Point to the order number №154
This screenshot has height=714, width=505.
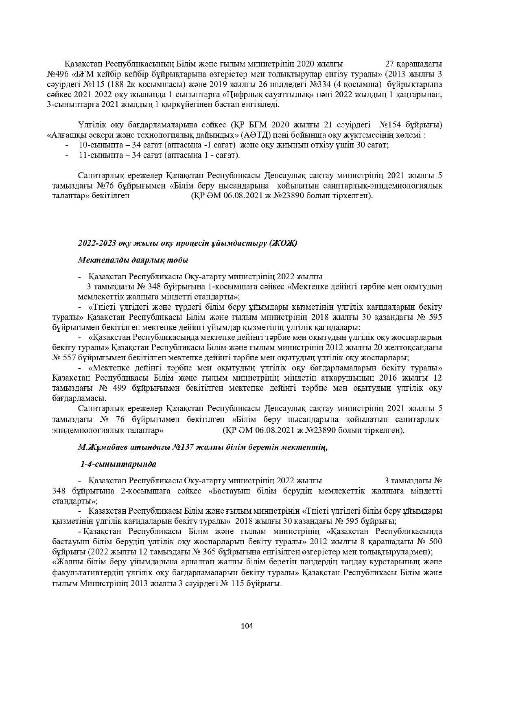coord(392,124)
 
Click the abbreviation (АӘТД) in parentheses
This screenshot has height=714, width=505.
coord(257,135)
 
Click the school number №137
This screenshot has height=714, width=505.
coord(183,447)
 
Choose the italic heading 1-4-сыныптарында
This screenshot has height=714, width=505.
coord(118,464)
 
